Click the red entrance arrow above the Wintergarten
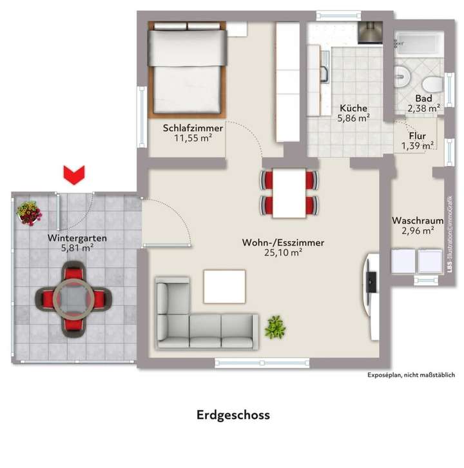pyautogui.click(x=74, y=174)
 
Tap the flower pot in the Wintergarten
pyautogui.click(x=28, y=213)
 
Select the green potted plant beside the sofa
pyautogui.click(x=275, y=327)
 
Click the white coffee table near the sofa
pyautogui.click(x=224, y=286)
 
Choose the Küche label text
pyautogui.click(x=353, y=108)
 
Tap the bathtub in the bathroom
pyautogui.click(x=418, y=45)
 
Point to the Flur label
pyautogui.click(x=417, y=136)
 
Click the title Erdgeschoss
pyautogui.click(x=233, y=415)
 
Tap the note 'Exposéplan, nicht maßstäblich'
pyautogui.click(x=411, y=375)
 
